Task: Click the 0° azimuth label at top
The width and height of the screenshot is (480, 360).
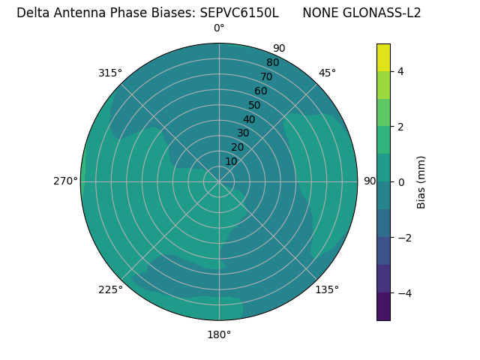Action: [219, 28]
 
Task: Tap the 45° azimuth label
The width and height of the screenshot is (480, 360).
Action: [327, 73]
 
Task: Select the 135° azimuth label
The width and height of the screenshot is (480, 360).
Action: [327, 289]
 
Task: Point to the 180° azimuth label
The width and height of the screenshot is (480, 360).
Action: [219, 334]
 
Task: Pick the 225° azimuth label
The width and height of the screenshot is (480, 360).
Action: [110, 289]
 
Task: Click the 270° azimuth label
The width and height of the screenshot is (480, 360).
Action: [65, 181]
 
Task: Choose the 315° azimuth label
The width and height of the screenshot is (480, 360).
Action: [110, 73]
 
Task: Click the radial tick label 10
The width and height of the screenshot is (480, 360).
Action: [231, 161]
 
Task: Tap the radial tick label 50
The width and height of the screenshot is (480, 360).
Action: [254, 106]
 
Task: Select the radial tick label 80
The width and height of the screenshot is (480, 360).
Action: [272, 63]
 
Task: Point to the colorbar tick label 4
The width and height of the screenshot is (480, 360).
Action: [401, 71]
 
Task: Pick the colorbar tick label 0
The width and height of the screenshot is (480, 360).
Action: [401, 182]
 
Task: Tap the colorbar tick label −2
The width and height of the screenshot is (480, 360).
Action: [403, 238]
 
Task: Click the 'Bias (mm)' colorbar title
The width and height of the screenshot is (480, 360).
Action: [421, 182]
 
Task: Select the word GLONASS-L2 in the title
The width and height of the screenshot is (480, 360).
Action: [383, 13]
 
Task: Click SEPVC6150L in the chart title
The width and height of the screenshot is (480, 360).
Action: [239, 13]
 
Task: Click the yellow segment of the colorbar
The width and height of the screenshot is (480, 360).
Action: [383, 57]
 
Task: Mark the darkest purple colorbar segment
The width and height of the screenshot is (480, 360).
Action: [383, 307]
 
